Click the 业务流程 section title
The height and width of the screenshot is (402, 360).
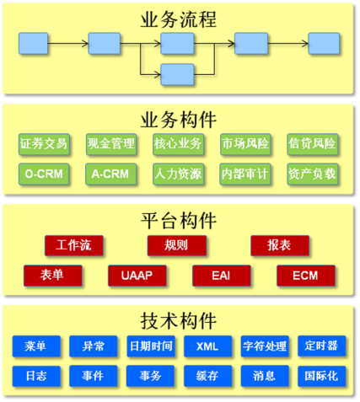coord(179,19)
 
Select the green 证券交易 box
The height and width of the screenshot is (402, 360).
coord(44,144)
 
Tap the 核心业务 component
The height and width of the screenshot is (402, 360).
coord(178,144)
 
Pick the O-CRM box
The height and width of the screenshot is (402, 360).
coord(44,174)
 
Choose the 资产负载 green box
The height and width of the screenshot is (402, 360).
coord(313,174)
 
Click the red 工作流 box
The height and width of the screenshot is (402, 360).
coord(74,245)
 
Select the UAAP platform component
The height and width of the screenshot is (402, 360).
coord(137,276)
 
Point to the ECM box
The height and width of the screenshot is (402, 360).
coord(306,276)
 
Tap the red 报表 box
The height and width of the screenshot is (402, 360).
coord(280,245)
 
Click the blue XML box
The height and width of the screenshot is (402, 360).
coord(208,346)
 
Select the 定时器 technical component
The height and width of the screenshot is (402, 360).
coord(322,346)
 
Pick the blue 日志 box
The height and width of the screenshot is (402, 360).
coord(36,376)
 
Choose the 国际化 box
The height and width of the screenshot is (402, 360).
coord(322,376)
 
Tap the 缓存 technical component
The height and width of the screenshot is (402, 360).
coord(208,376)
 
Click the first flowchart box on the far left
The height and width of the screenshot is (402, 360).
coord(33,44)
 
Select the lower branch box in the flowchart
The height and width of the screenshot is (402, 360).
coord(177,74)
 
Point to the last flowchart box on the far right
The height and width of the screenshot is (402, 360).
coord(324,44)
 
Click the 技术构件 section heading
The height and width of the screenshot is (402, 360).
coord(179,321)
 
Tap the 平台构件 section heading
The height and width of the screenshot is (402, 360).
coord(179,221)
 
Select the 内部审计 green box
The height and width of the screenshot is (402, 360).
coord(245,174)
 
